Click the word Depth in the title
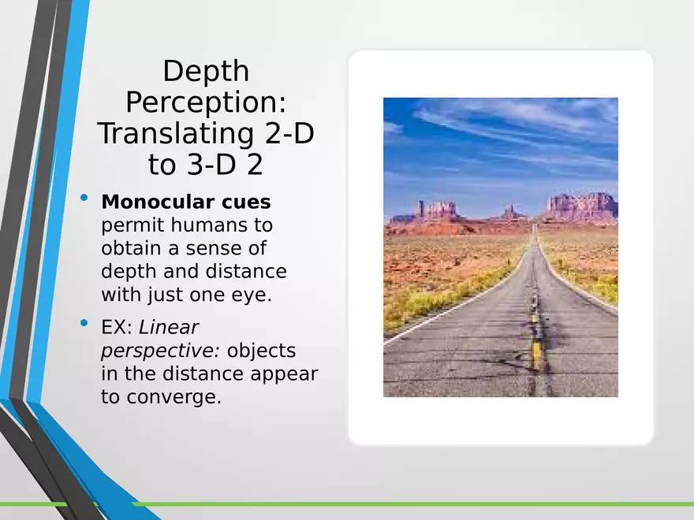coord(205,72)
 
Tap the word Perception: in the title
coord(205,103)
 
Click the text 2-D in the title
coord(288,134)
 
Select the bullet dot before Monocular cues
coord(85,201)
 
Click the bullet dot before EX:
coord(85,325)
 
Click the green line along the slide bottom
coord(394,503)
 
